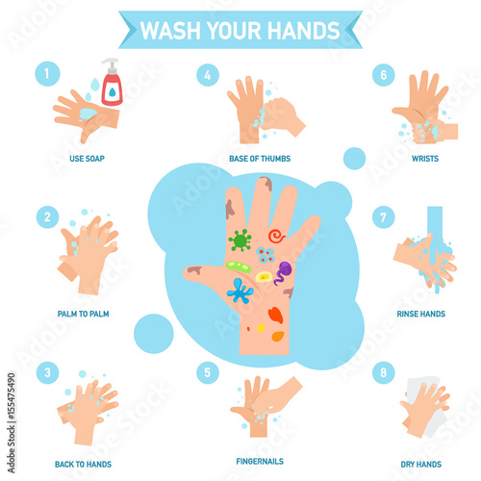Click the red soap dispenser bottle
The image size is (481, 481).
click(112, 83)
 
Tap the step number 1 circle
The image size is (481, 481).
click(47, 74)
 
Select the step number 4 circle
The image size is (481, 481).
click(208, 75)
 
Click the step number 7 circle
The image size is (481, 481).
click(383, 217)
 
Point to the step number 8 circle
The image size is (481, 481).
click(383, 372)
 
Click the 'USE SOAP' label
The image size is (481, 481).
click(87, 159)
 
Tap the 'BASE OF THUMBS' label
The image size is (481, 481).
click(260, 159)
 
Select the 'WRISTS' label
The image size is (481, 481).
click(425, 159)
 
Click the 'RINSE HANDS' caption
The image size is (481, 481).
click(421, 314)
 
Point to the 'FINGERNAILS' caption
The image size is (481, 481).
click(260, 461)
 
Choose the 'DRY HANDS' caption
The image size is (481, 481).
click(421, 464)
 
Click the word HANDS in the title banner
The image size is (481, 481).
click(303, 31)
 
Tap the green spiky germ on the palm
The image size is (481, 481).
click(240, 240)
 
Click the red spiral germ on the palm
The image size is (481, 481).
click(276, 236)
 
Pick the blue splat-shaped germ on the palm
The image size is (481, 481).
click(240, 291)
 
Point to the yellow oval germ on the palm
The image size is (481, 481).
click(264, 277)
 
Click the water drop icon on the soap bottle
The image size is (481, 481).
click(112, 92)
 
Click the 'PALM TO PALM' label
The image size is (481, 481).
click(83, 314)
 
